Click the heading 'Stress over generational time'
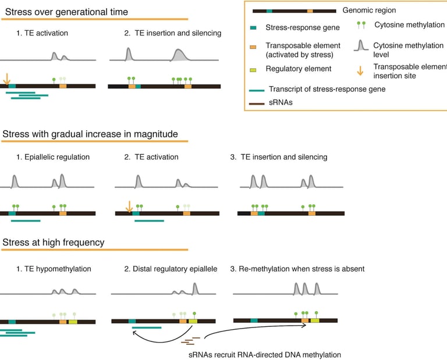point(66,12)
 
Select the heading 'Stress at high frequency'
point(54,243)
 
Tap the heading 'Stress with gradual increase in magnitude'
point(90,134)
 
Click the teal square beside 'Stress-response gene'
point(253,28)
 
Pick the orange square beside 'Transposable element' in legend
point(253,47)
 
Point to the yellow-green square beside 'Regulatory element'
point(253,70)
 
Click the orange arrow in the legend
point(360,71)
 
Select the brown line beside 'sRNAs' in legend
point(257,104)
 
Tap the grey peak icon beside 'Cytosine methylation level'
point(361,45)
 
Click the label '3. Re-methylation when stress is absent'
point(297,269)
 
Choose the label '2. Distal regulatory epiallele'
point(171,269)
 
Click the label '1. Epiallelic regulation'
point(53,157)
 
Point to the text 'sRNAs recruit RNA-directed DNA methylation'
point(265,355)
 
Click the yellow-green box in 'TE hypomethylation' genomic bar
point(73,322)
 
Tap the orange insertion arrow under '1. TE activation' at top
point(6,79)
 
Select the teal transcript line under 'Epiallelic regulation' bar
point(26,221)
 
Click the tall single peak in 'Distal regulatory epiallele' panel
point(195,288)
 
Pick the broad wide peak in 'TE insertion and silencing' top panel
point(179,55)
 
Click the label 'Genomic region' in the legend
point(369,10)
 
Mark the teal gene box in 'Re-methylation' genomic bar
point(254,320)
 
